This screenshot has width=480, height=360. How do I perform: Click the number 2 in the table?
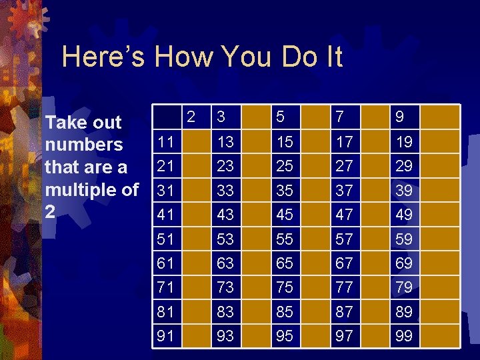[191, 116]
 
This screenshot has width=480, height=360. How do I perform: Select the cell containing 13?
[225, 141]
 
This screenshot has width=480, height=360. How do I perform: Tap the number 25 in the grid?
[285, 165]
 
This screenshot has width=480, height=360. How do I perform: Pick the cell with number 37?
[345, 191]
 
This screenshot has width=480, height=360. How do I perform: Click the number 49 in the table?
[403, 215]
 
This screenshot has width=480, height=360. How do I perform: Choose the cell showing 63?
[225, 263]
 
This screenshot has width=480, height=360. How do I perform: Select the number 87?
[345, 312]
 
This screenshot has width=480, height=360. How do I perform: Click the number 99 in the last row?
[403, 336]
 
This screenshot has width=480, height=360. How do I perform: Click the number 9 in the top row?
[399, 117]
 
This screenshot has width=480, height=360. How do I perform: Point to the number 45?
[285, 215]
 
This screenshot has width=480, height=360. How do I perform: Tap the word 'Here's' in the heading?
[104, 57]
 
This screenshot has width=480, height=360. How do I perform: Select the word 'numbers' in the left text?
[83, 145]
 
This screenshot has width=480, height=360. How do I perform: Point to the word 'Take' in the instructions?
[63, 123]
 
